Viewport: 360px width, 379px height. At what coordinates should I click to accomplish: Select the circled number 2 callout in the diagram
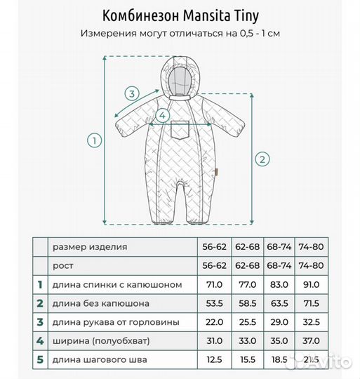[261, 159]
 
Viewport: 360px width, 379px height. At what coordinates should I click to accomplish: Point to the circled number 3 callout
[131, 93]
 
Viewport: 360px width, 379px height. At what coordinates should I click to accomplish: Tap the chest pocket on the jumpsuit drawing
[179, 131]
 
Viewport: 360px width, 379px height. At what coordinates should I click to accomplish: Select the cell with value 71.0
[212, 284]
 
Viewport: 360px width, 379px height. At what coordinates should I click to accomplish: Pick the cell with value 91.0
[310, 284]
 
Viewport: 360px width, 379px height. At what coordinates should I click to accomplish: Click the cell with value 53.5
[212, 303]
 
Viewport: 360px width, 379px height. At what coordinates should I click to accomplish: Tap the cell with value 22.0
[212, 322]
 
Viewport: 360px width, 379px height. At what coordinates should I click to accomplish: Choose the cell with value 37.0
[310, 340]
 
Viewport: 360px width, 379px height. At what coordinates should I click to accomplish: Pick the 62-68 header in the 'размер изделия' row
[245, 246]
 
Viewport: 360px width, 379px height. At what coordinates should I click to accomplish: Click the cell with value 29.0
[278, 322]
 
